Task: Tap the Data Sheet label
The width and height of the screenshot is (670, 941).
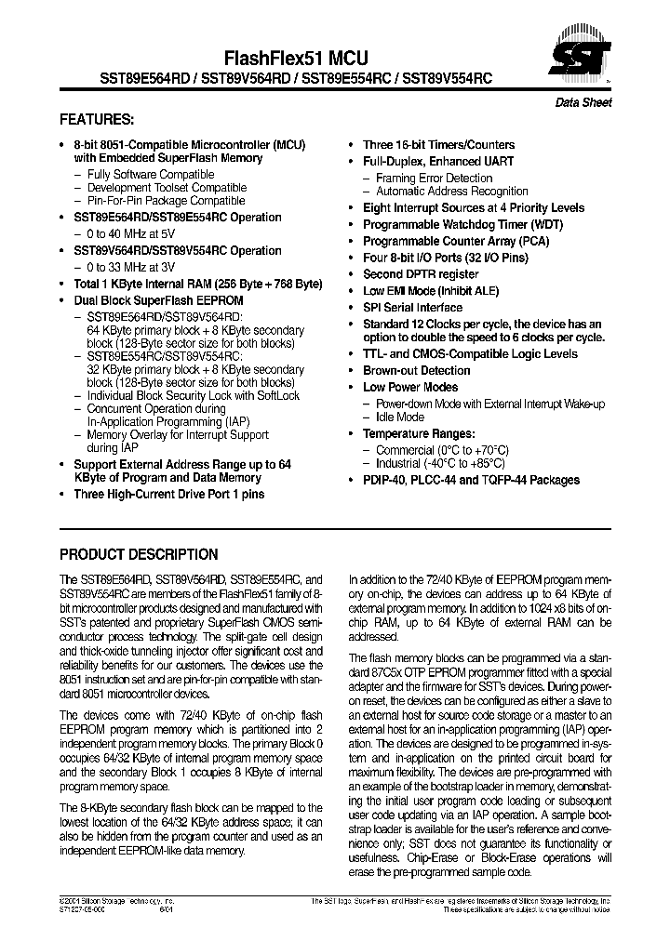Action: coord(583,103)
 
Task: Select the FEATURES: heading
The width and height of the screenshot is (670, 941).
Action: coord(97,120)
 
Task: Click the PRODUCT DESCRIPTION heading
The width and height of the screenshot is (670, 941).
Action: coord(139,554)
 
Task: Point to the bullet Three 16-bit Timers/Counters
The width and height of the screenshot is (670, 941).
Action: coord(438,145)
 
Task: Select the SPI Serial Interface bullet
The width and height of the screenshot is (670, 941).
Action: coord(412,308)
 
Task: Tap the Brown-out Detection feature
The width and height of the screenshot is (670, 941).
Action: coord(416,371)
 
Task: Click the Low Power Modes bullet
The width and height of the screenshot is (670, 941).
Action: coord(410,388)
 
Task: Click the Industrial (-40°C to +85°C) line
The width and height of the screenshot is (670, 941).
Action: coord(440,463)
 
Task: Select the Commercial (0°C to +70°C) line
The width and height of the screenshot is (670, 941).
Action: coord(442,449)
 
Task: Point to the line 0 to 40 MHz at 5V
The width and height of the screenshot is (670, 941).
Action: coord(130,234)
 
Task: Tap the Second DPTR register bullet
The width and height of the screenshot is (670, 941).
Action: coord(421,275)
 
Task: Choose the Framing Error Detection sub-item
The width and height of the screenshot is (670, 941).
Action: coord(434,179)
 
